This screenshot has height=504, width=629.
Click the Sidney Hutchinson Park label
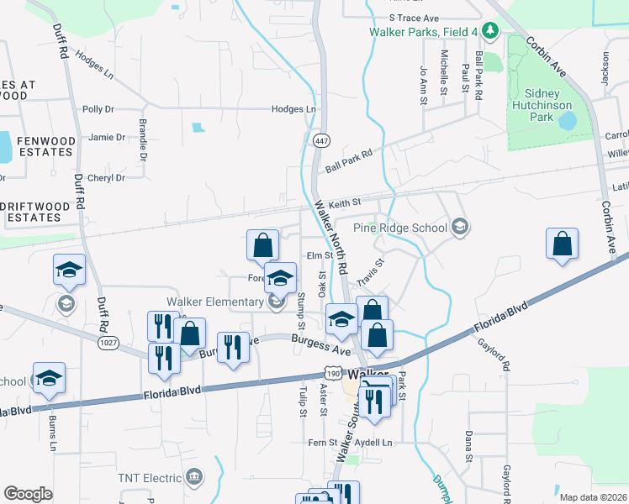[542, 105]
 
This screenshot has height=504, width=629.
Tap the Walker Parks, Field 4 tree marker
[491, 32]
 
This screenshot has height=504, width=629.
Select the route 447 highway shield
[320, 140]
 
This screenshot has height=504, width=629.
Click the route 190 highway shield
[333, 373]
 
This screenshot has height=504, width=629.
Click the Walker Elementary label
[215, 302]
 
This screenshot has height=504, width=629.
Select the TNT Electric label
[151, 478]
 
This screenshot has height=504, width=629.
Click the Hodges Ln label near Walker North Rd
[293, 109]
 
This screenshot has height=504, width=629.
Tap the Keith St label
[344, 202]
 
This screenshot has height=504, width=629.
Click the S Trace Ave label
[414, 18]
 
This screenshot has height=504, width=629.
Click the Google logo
[28, 494]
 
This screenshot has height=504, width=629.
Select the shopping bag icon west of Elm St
[263, 245]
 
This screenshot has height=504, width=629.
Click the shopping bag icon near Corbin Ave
[562, 244]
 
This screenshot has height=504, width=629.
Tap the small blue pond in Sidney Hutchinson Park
[567, 120]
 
